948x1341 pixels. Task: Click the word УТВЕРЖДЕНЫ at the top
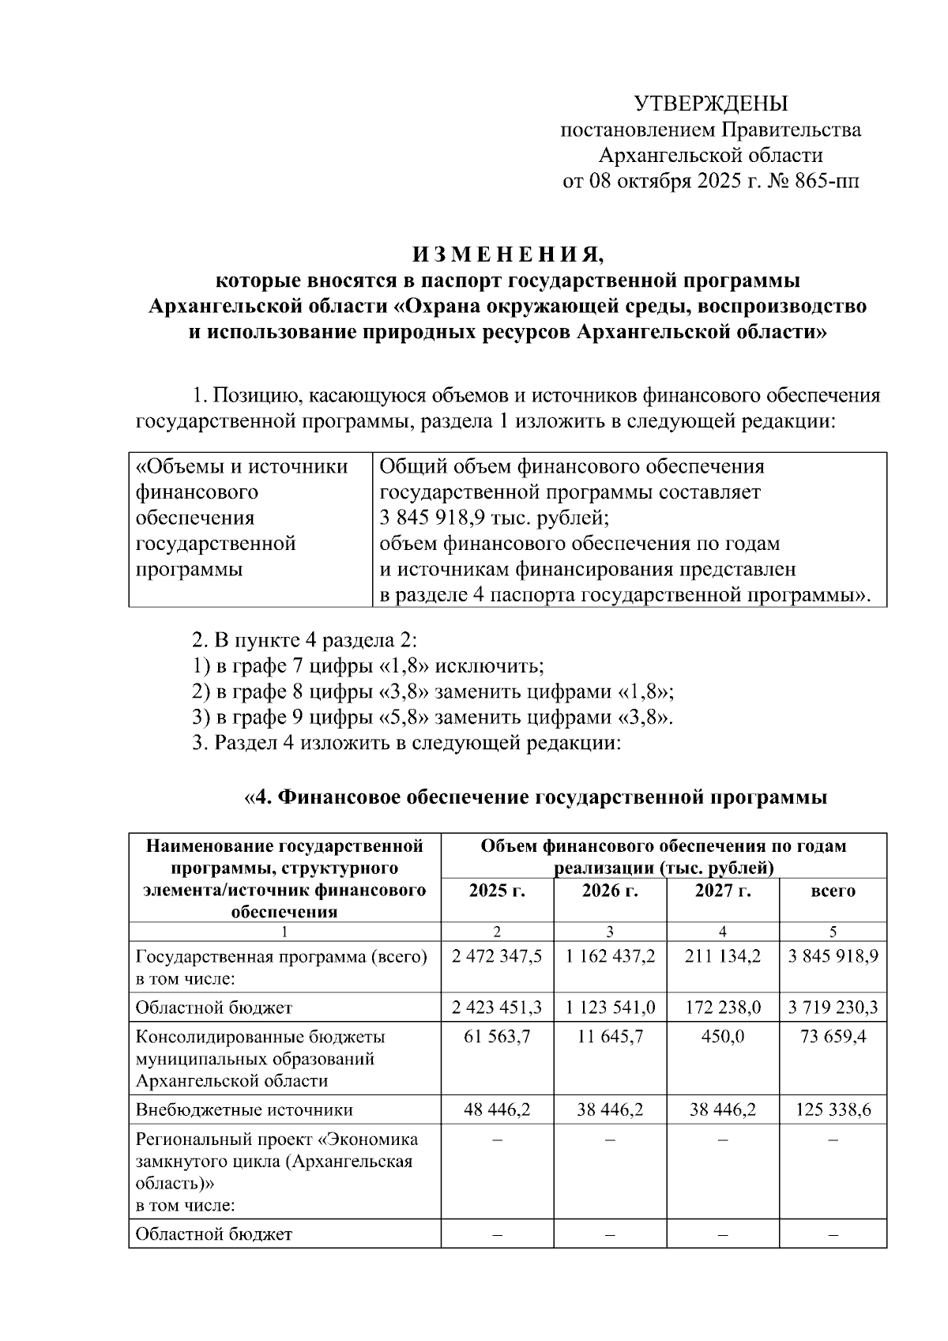[x=711, y=104]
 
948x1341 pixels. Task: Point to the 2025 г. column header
[x=497, y=891]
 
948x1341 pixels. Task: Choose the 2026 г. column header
[x=610, y=891]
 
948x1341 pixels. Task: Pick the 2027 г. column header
[x=723, y=891]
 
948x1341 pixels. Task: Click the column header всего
[x=833, y=891]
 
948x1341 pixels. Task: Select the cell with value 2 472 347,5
[x=497, y=957]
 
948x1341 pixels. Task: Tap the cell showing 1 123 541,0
[x=610, y=1008]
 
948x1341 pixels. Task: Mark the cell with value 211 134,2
[x=723, y=957]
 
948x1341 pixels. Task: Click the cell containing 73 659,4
[x=833, y=1037]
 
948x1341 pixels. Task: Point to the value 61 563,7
[x=497, y=1037]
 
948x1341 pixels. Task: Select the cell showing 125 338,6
[x=833, y=1110]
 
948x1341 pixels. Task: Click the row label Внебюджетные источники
[x=244, y=1110]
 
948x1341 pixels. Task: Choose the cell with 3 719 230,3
[x=833, y=1008]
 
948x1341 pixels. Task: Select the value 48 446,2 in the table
[x=497, y=1110]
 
